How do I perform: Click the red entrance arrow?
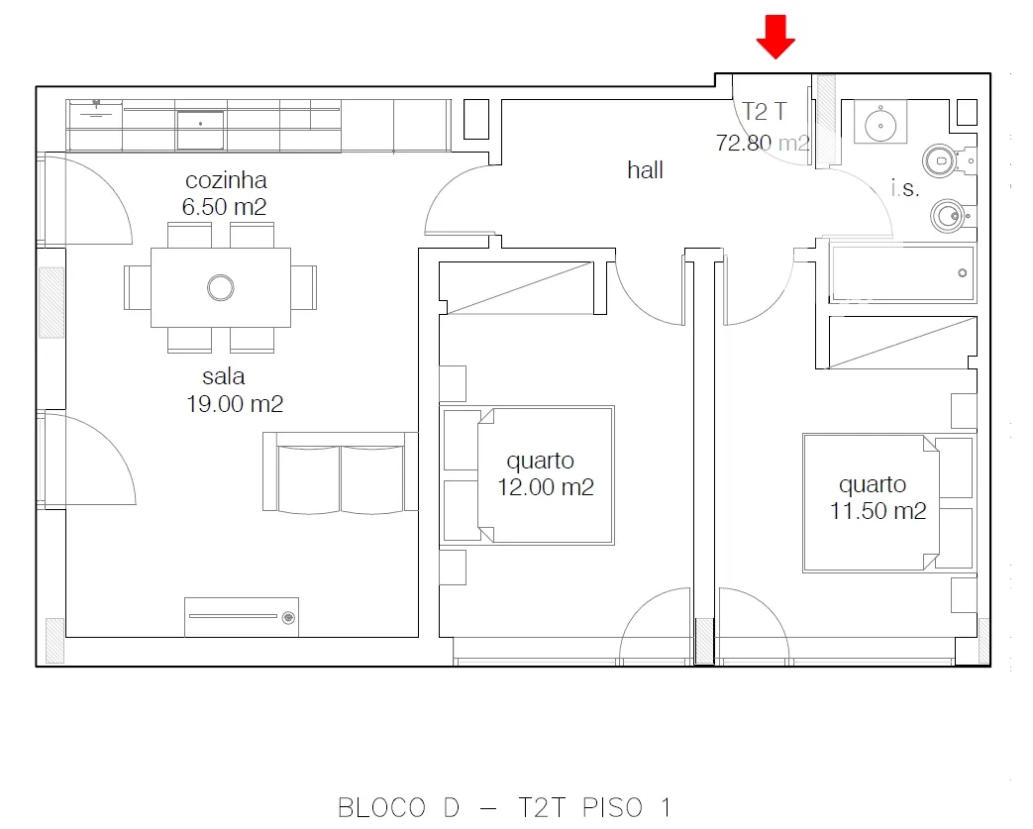click(x=775, y=37)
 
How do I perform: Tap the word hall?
click(x=645, y=170)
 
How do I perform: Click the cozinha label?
click(x=226, y=180)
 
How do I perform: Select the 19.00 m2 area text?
click(x=235, y=403)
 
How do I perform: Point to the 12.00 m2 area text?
click(x=546, y=487)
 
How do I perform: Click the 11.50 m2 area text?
click(x=878, y=511)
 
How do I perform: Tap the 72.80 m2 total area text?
click(x=763, y=143)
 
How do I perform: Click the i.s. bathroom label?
click(x=904, y=188)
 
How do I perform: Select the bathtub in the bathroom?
click(x=902, y=272)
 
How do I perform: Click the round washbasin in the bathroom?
click(x=880, y=125)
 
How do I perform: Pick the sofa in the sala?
click(x=340, y=471)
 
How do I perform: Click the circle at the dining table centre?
click(x=220, y=287)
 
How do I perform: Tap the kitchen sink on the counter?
click(x=200, y=130)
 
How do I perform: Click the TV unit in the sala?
click(x=241, y=617)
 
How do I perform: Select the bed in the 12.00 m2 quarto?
click(x=527, y=475)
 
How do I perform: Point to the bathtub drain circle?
click(x=962, y=272)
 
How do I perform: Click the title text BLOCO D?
click(x=398, y=808)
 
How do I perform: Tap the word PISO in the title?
click(x=612, y=808)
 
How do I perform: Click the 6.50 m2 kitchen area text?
click(x=224, y=207)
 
